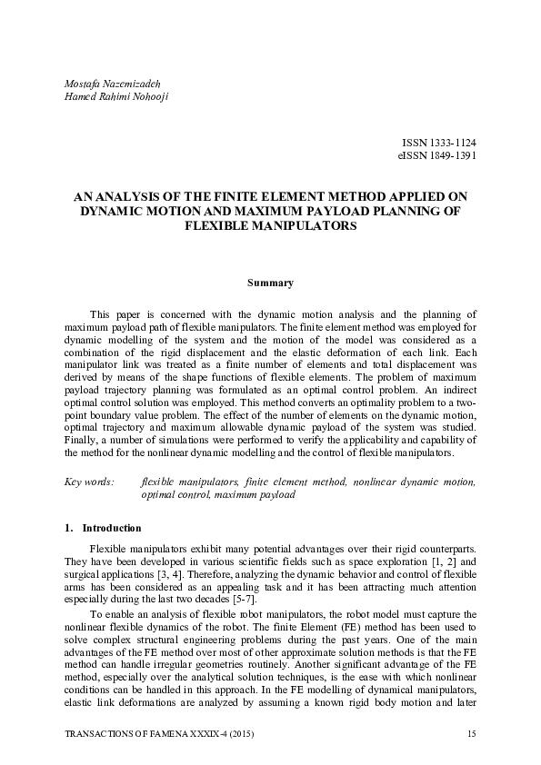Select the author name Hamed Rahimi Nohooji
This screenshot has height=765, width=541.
118,96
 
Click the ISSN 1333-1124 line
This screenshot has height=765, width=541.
438,144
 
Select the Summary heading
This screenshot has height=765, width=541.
270,283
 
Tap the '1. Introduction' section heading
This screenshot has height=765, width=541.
103,528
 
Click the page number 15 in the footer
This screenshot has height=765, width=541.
471,734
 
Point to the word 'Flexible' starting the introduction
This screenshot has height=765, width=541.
109,550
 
